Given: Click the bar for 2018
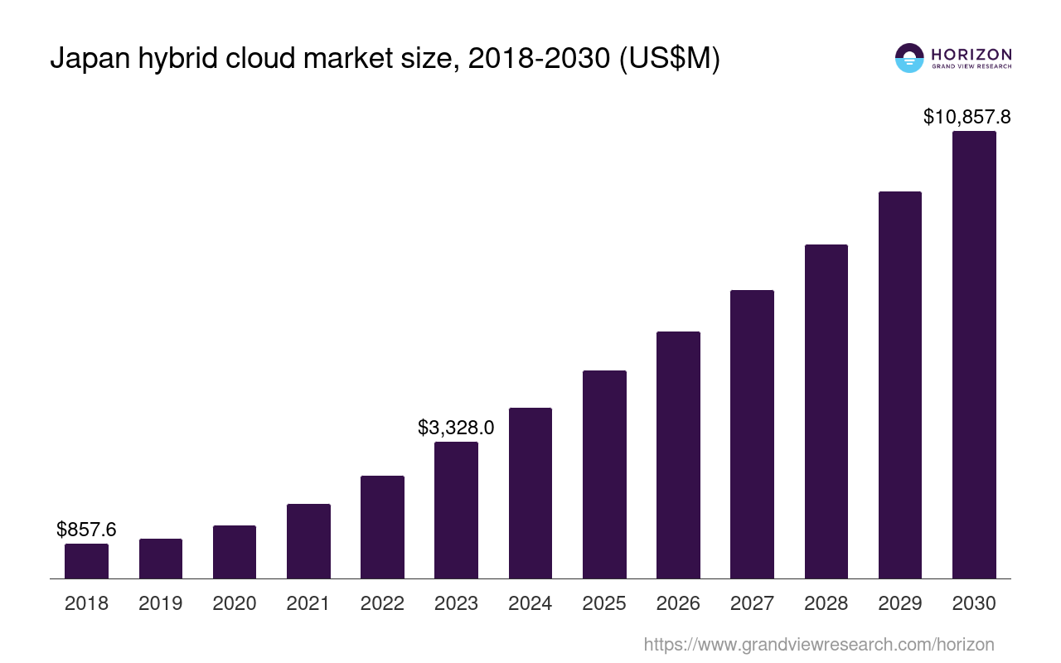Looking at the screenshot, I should point(86,561).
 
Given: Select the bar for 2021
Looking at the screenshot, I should point(308,541).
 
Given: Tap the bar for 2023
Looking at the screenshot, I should point(456,510).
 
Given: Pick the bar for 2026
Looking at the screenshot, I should point(678,455).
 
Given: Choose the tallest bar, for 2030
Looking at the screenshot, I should point(974,355).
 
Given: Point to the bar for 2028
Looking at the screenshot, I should point(826,411).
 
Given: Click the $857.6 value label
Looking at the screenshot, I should point(86,529).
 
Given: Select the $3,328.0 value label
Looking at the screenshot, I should point(456,428).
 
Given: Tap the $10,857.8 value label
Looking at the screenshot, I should point(967,117).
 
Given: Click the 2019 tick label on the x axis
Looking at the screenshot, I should point(160,603).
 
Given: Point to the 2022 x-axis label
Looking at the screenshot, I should point(382,603).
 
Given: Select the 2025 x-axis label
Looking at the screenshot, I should point(604,603).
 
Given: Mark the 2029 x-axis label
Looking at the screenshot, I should point(900,603).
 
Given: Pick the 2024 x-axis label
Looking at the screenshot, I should point(530,603).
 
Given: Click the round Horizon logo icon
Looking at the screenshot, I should point(909,58).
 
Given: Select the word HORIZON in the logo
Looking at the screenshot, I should point(971,54).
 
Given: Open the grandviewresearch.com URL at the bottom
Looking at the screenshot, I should point(818,644).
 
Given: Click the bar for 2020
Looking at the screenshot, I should point(235,552).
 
